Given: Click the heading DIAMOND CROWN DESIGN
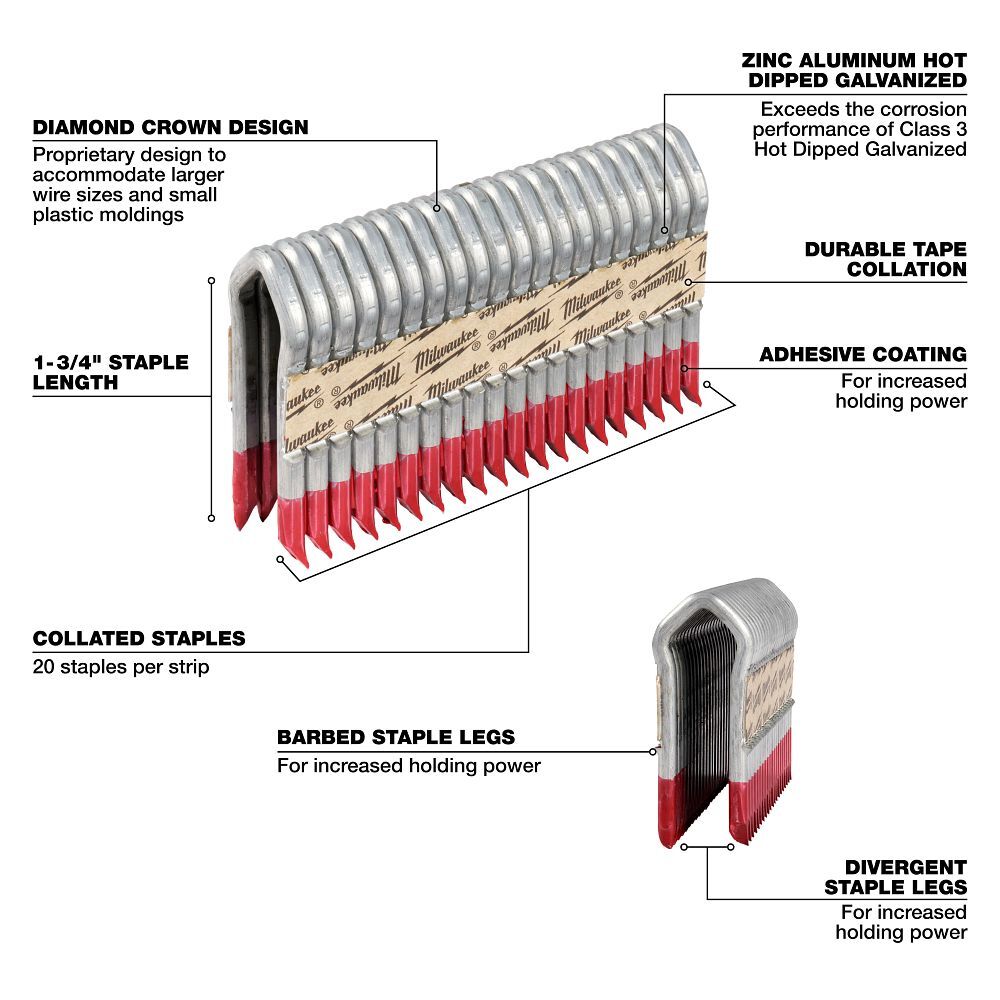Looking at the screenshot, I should [x=170, y=128].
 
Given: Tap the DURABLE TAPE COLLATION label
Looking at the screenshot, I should [x=885, y=258].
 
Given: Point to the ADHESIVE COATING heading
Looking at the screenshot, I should [x=862, y=354].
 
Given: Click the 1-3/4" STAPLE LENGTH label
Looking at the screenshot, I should [x=110, y=372].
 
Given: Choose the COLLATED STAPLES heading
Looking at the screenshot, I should [x=139, y=638].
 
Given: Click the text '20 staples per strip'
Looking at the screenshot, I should [x=121, y=666].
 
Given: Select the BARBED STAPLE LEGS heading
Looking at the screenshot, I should [x=396, y=738].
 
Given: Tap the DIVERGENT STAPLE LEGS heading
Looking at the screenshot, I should [x=895, y=877].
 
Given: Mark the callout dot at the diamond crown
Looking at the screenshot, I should [x=438, y=208].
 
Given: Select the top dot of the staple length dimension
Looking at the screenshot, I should [x=211, y=281].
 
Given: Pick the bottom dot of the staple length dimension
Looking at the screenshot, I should [x=211, y=517].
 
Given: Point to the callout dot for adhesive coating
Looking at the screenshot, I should [x=684, y=368].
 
